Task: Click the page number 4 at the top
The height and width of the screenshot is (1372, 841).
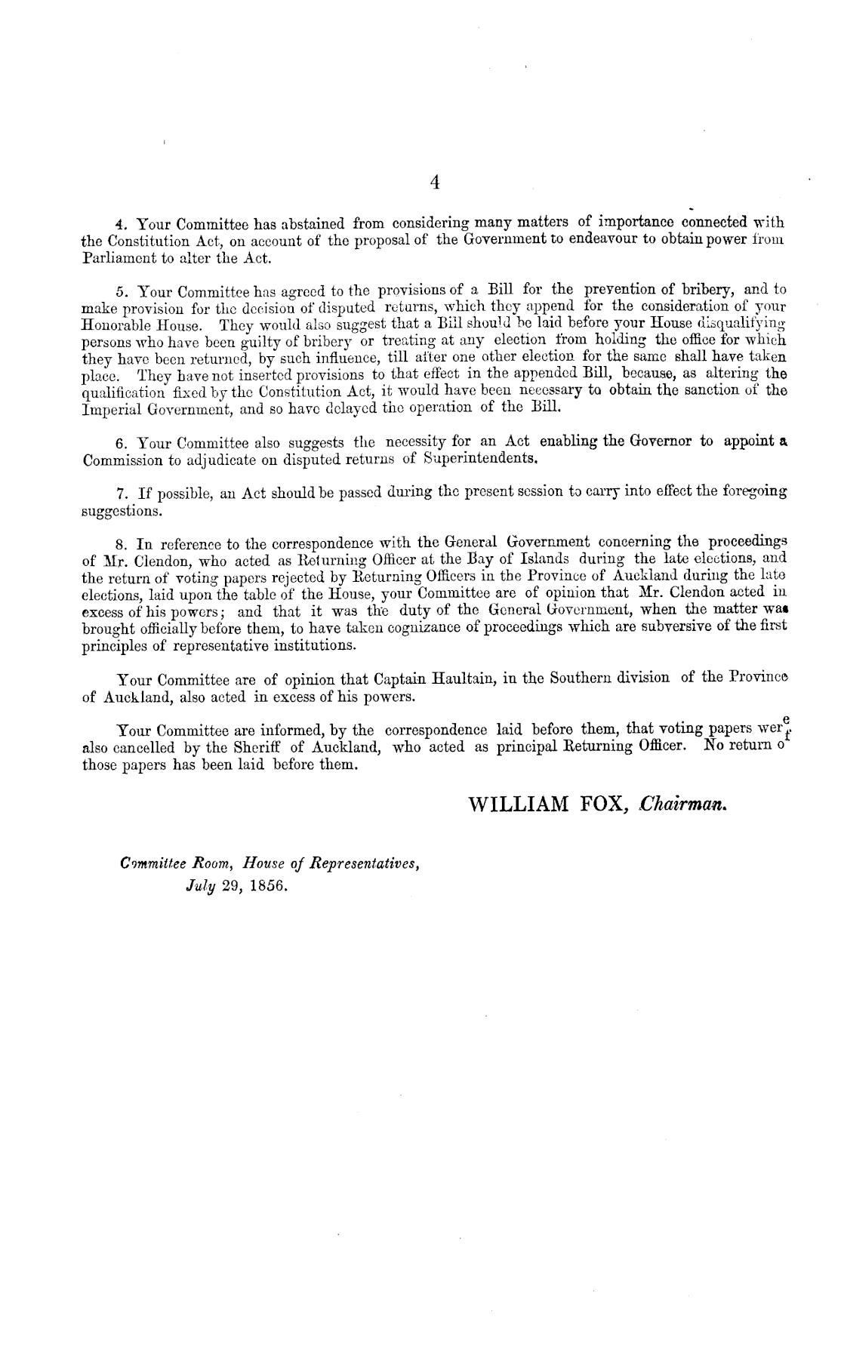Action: click(x=434, y=181)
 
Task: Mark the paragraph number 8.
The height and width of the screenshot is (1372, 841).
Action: click(x=119, y=543)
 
